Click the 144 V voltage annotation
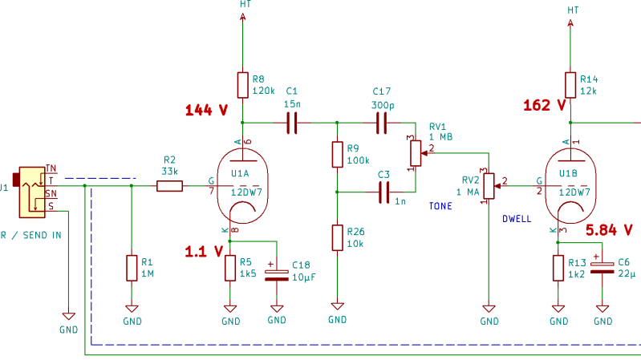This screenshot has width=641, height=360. pyautogui.click(x=207, y=110)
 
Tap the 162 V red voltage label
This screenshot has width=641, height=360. pyautogui.click(x=544, y=105)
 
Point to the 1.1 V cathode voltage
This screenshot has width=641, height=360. pyautogui.click(x=205, y=251)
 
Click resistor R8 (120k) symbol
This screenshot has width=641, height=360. pyautogui.click(x=242, y=85)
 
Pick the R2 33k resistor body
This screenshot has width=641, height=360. pyautogui.click(x=169, y=187)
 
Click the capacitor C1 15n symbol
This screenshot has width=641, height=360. pyautogui.click(x=292, y=123)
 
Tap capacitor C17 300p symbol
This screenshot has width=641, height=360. pyautogui.click(x=382, y=123)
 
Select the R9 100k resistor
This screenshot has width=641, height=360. pyautogui.click(x=337, y=155)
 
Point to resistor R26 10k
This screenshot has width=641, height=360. pyautogui.click(x=337, y=238)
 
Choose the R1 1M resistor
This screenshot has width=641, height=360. pyautogui.click(x=132, y=268)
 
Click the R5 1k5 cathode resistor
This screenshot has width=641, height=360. pyautogui.click(x=230, y=268)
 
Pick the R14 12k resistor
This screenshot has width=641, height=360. pyautogui.click(x=570, y=85)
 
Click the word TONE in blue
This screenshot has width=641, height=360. pyautogui.click(x=440, y=206)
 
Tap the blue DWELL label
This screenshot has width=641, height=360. pyautogui.click(x=517, y=218)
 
